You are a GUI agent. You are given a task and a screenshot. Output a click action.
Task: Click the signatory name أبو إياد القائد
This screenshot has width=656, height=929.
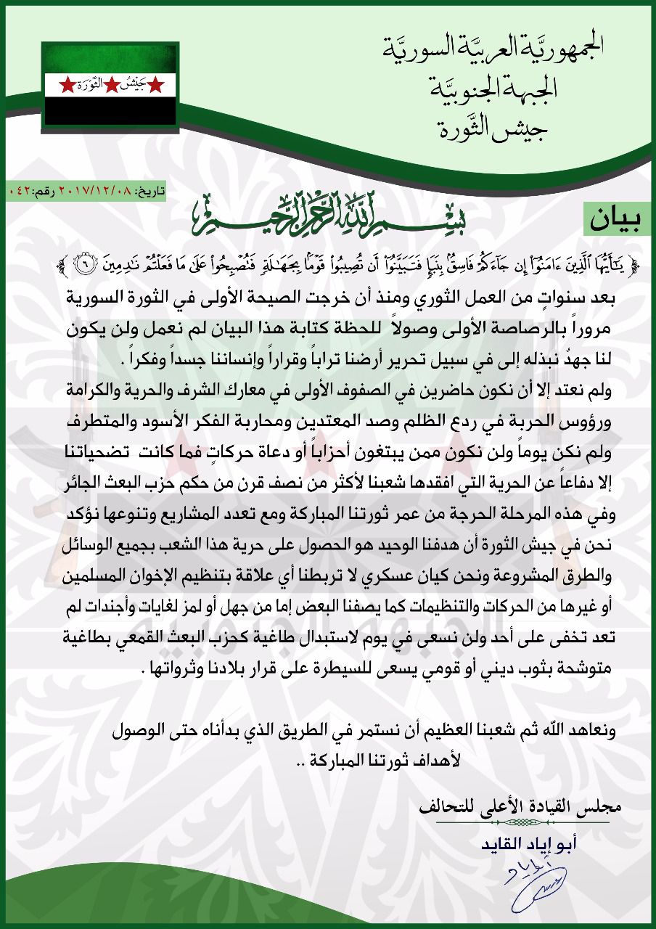click(537, 846)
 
